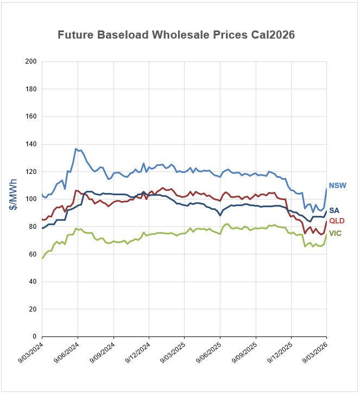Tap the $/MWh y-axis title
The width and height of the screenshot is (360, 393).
(x=14, y=199)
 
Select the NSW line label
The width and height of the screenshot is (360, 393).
(x=337, y=186)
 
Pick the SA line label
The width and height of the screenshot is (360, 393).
(x=334, y=210)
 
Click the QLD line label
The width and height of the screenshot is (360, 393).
(x=337, y=221)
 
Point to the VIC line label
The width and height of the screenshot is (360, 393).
(x=335, y=233)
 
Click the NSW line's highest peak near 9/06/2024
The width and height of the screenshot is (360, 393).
(x=76, y=148)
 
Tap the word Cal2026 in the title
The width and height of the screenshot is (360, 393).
(x=273, y=35)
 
